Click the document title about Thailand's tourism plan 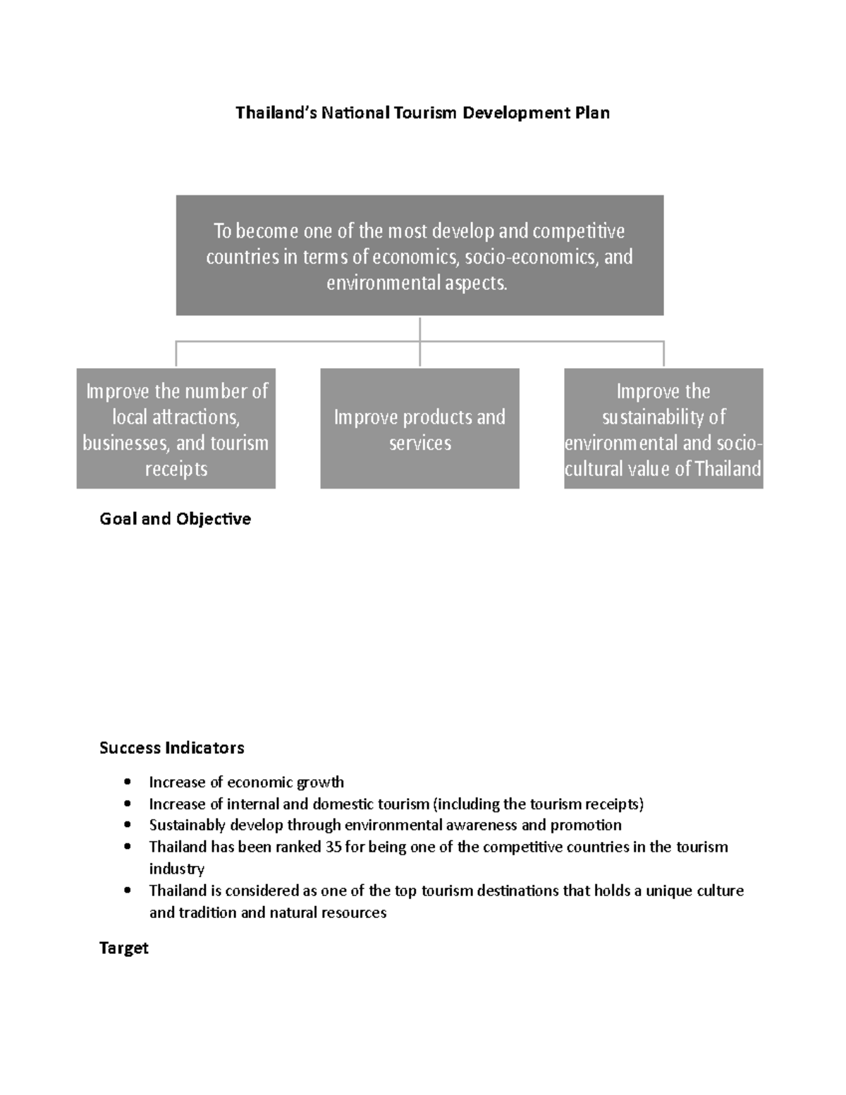tap(422, 113)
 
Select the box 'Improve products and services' tap(419, 429)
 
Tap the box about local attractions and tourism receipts tap(176, 429)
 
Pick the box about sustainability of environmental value tap(663, 429)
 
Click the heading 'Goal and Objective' tap(176, 519)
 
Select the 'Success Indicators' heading tap(172, 747)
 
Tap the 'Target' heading tap(124, 948)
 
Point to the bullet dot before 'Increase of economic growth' tap(128, 782)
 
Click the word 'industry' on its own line tap(176, 869)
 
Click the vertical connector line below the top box tap(419, 342)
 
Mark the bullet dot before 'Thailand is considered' tap(128, 891)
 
